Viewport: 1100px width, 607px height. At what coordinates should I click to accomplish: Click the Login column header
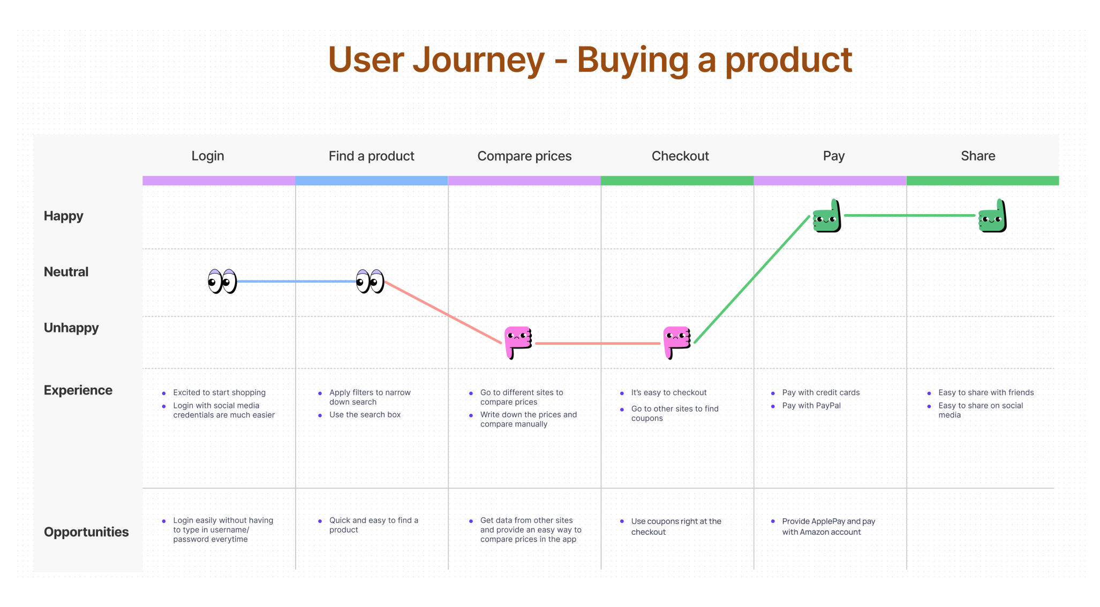tap(208, 156)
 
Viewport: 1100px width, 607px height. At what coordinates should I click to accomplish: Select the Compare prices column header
tap(524, 156)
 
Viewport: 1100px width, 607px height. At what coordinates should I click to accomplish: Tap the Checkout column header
tap(680, 156)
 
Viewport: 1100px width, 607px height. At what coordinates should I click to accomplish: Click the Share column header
tap(978, 156)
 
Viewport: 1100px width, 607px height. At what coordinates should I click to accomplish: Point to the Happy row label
tap(63, 216)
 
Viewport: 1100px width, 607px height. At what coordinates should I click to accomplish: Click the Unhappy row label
tap(71, 328)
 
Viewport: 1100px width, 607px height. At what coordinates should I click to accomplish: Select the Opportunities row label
tap(86, 532)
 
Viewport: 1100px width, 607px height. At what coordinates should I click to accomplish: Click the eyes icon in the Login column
tap(222, 281)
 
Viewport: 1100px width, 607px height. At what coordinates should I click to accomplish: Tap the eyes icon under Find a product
tap(370, 281)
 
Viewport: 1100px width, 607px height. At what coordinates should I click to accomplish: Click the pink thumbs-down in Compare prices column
tap(518, 343)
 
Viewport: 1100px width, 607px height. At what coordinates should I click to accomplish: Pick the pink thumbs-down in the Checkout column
tap(677, 343)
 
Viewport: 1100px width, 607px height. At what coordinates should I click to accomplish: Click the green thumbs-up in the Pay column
tap(827, 216)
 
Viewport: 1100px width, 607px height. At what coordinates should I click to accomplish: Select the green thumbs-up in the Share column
tap(992, 216)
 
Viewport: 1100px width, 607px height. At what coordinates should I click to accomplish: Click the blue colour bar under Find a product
tap(372, 181)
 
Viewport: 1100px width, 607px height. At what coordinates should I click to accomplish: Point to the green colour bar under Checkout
tap(677, 181)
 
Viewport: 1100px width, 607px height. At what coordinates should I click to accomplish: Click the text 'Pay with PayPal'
tap(811, 406)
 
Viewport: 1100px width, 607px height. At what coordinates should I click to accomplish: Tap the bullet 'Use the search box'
tap(365, 415)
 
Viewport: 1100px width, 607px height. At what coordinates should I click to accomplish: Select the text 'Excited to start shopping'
tap(220, 392)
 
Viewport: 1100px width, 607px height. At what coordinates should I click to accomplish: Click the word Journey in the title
tap(479, 60)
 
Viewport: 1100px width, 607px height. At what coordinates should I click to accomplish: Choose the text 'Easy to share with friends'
tap(986, 392)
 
